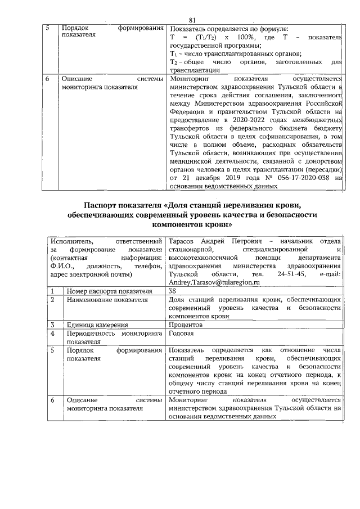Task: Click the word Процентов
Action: tap(186, 325)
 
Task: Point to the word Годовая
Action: tap(183, 333)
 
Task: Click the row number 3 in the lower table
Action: tap(52, 325)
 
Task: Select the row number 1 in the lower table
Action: tap(52, 291)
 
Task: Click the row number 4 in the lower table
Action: tap(52, 333)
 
